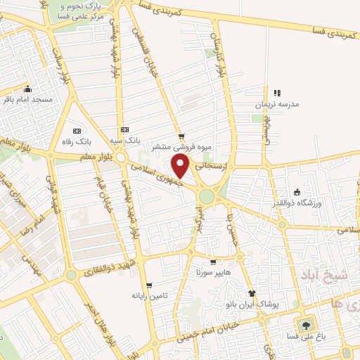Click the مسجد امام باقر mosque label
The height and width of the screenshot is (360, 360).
click(x=28, y=100)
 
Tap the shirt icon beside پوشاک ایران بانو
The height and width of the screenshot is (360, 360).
click(x=252, y=292)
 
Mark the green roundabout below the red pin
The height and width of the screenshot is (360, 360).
click(x=207, y=196)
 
